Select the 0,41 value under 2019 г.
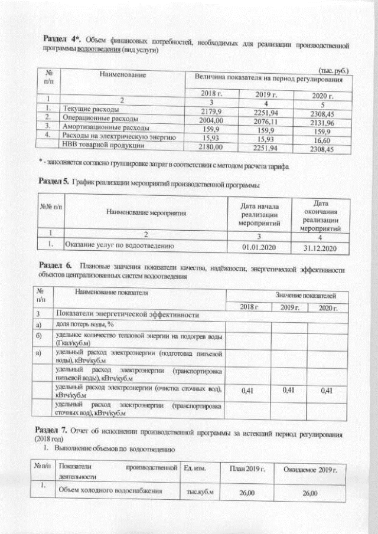pos(289,390)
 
